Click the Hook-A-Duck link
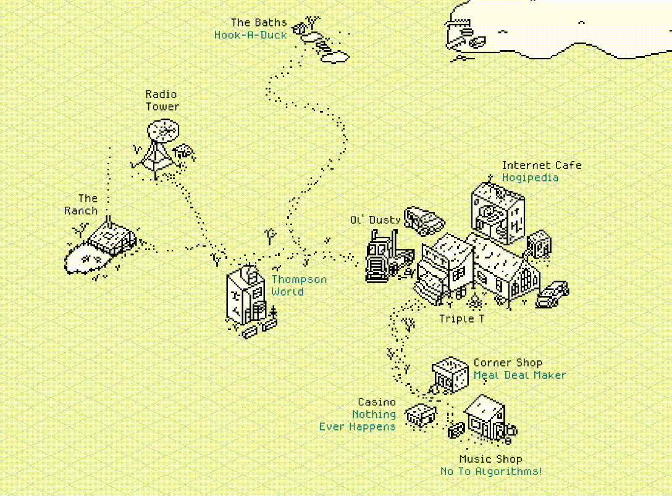[x=250, y=35]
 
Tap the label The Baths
[x=259, y=22]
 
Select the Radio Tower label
[x=162, y=101]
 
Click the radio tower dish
[x=163, y=131]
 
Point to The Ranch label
[x=82, y=205]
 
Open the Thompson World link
[x=299, y=286]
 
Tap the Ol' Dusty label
[x=376, y=220]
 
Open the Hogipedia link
[x=530, y=178]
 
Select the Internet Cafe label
[x=542, y=165]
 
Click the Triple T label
[x=461, y=319]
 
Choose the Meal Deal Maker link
[x=520, y=375]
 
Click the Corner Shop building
[x=450, y=375]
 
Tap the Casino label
[x=377, y=402]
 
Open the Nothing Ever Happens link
[x=358, y=421]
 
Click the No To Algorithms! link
[x=490, y=471]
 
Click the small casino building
[x=421, y=415]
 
